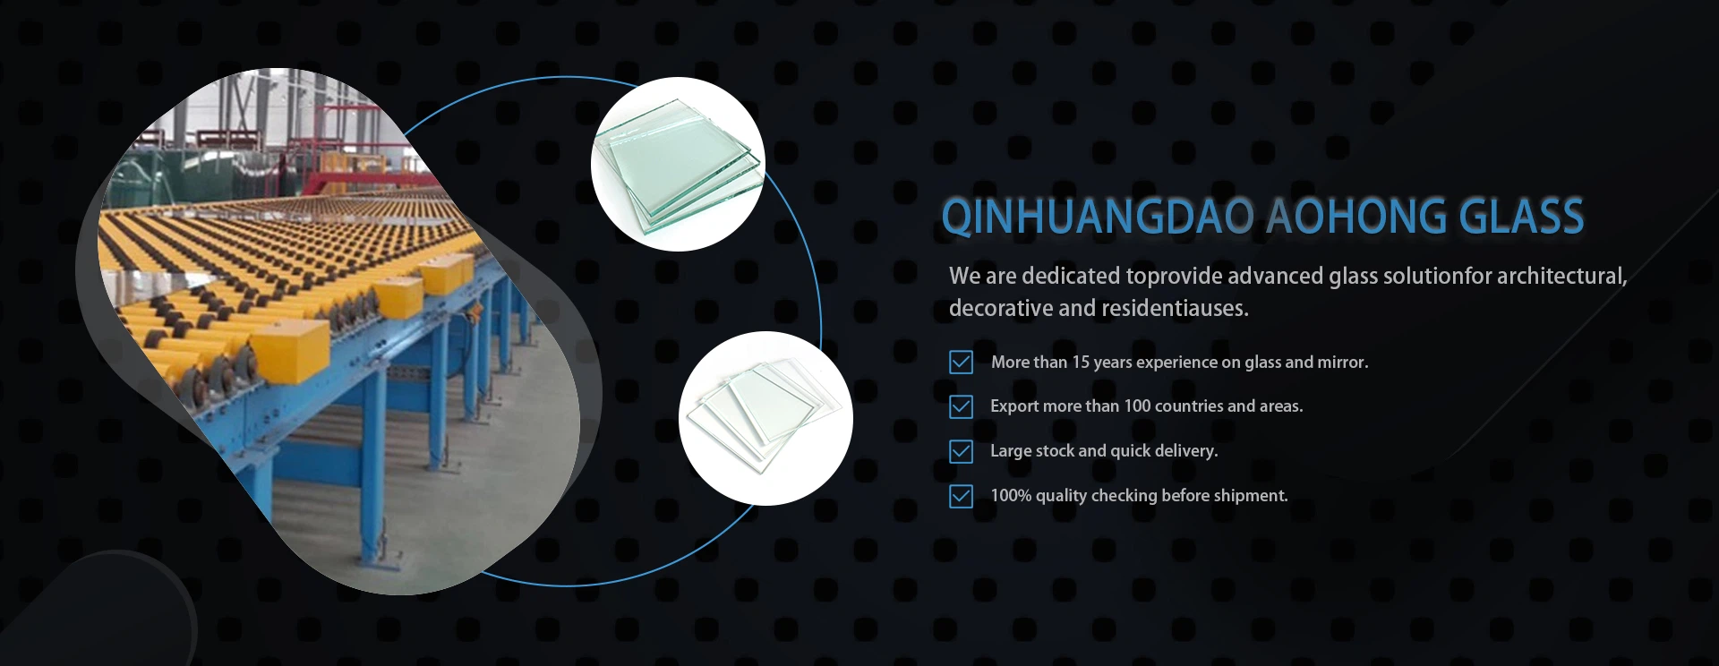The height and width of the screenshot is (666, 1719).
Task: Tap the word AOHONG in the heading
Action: coord(1357,216)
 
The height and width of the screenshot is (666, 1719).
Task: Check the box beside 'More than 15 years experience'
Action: coord(961,362)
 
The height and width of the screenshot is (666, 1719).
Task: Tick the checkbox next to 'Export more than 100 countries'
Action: coord(961,406)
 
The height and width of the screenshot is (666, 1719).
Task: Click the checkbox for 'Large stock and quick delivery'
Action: coord(961,451)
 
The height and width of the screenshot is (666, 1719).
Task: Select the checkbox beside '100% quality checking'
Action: coord(961,496)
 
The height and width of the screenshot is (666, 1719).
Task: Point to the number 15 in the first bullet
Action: coord(1081,362)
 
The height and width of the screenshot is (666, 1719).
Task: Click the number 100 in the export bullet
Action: coord(1137,406)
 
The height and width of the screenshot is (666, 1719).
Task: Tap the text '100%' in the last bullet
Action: coord(1011,495)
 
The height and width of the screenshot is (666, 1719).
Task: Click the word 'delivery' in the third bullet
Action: coord(1187,451)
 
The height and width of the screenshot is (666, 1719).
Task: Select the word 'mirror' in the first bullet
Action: coord(1343,362)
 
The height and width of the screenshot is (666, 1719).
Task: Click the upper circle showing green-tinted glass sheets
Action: coord(678,164)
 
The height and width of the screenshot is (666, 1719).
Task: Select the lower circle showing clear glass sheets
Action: coord(765,418)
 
